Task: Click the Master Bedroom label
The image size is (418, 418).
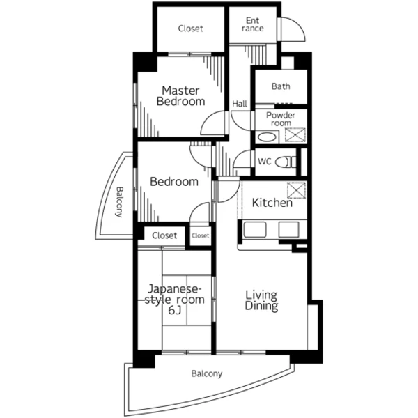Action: click(180, 96)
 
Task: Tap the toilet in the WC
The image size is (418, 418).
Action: click(286, 162)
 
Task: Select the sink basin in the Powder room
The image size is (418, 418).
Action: click(267, 137)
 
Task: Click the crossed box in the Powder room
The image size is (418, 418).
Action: click(295, 135)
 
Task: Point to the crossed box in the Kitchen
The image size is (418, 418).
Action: click(297, 190)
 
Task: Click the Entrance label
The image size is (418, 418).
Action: click(253, 24)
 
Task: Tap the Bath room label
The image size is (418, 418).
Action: click(281, 86)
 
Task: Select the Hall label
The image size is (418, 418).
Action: click(240, 104)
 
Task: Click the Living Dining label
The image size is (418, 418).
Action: click(261, 300)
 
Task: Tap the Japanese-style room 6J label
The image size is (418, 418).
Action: click(175, 300)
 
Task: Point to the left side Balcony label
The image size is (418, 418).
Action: click(119, 202)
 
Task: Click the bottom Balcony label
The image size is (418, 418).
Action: click(207, 373)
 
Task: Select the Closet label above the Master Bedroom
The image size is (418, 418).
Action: click(191, 29)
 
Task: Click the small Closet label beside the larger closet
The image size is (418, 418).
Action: click(200, 235)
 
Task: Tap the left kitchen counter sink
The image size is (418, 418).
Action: click(254, 229)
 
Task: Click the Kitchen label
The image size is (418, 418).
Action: click(272, 203)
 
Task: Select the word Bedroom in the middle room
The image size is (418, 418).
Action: click(174, 182)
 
